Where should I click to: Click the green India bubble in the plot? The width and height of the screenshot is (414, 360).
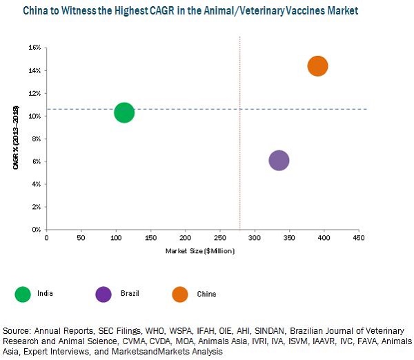[x=124, y=112]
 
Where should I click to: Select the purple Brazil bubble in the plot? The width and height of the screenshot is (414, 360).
[x=279, y=161]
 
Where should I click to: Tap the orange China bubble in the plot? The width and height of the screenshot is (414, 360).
[x=317, y=66]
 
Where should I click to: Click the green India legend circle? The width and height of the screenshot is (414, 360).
[x=24, y=294]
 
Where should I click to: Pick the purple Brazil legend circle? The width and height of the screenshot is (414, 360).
[x=103, y=294]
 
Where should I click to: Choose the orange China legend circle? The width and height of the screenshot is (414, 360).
[x=180, y=294]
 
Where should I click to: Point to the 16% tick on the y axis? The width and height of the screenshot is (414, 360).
[x=34, y=48]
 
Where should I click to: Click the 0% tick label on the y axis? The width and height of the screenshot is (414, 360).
[x=36, y=229]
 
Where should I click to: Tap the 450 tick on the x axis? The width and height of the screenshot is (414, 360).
[x=359, y=238]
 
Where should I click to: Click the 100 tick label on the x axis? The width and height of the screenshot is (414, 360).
[x=116, y=238]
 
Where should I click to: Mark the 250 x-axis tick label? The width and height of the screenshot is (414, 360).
[x=220, y=238]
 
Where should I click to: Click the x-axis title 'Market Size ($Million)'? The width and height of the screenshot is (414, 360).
[x=200, y=250]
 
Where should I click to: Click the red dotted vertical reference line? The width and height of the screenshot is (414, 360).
[x=239, y=138]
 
